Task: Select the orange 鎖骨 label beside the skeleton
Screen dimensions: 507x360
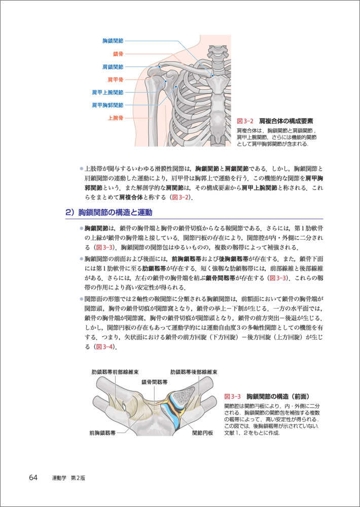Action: coord(118,53)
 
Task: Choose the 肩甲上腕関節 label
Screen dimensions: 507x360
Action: coord(107,92)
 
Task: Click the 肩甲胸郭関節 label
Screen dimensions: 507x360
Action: coord(107,105)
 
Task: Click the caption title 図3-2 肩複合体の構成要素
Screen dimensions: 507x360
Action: coord(275,121)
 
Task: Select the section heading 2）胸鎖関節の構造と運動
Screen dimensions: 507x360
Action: coord(109,212)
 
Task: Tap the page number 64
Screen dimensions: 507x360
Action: coord(33,478)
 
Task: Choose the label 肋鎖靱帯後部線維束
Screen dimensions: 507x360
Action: coord(194,371)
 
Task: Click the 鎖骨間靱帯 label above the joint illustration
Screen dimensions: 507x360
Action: coord(155,381)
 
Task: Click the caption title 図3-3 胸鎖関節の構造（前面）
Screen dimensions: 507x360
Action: coord(267,395)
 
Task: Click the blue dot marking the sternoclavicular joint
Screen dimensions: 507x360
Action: coord(213,76)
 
